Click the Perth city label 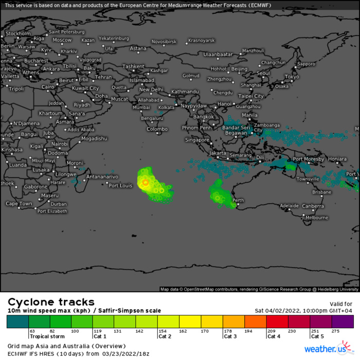(x=238, y=200)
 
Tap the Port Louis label (x=120, y=185)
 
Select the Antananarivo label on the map (x=102, y=176)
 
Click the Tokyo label (x=292, y=77)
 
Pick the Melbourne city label (x=316, y=218)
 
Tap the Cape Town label (x=19, y=204)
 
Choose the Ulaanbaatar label (x=218, y=54)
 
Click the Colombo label (x=157, y=129)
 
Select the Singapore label (x=197, y=139)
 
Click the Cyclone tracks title (x=51, y=302)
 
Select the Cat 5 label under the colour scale (x=317, y=336)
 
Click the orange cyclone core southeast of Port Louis (x=146, y=182)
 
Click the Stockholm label (x=17, y=33)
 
